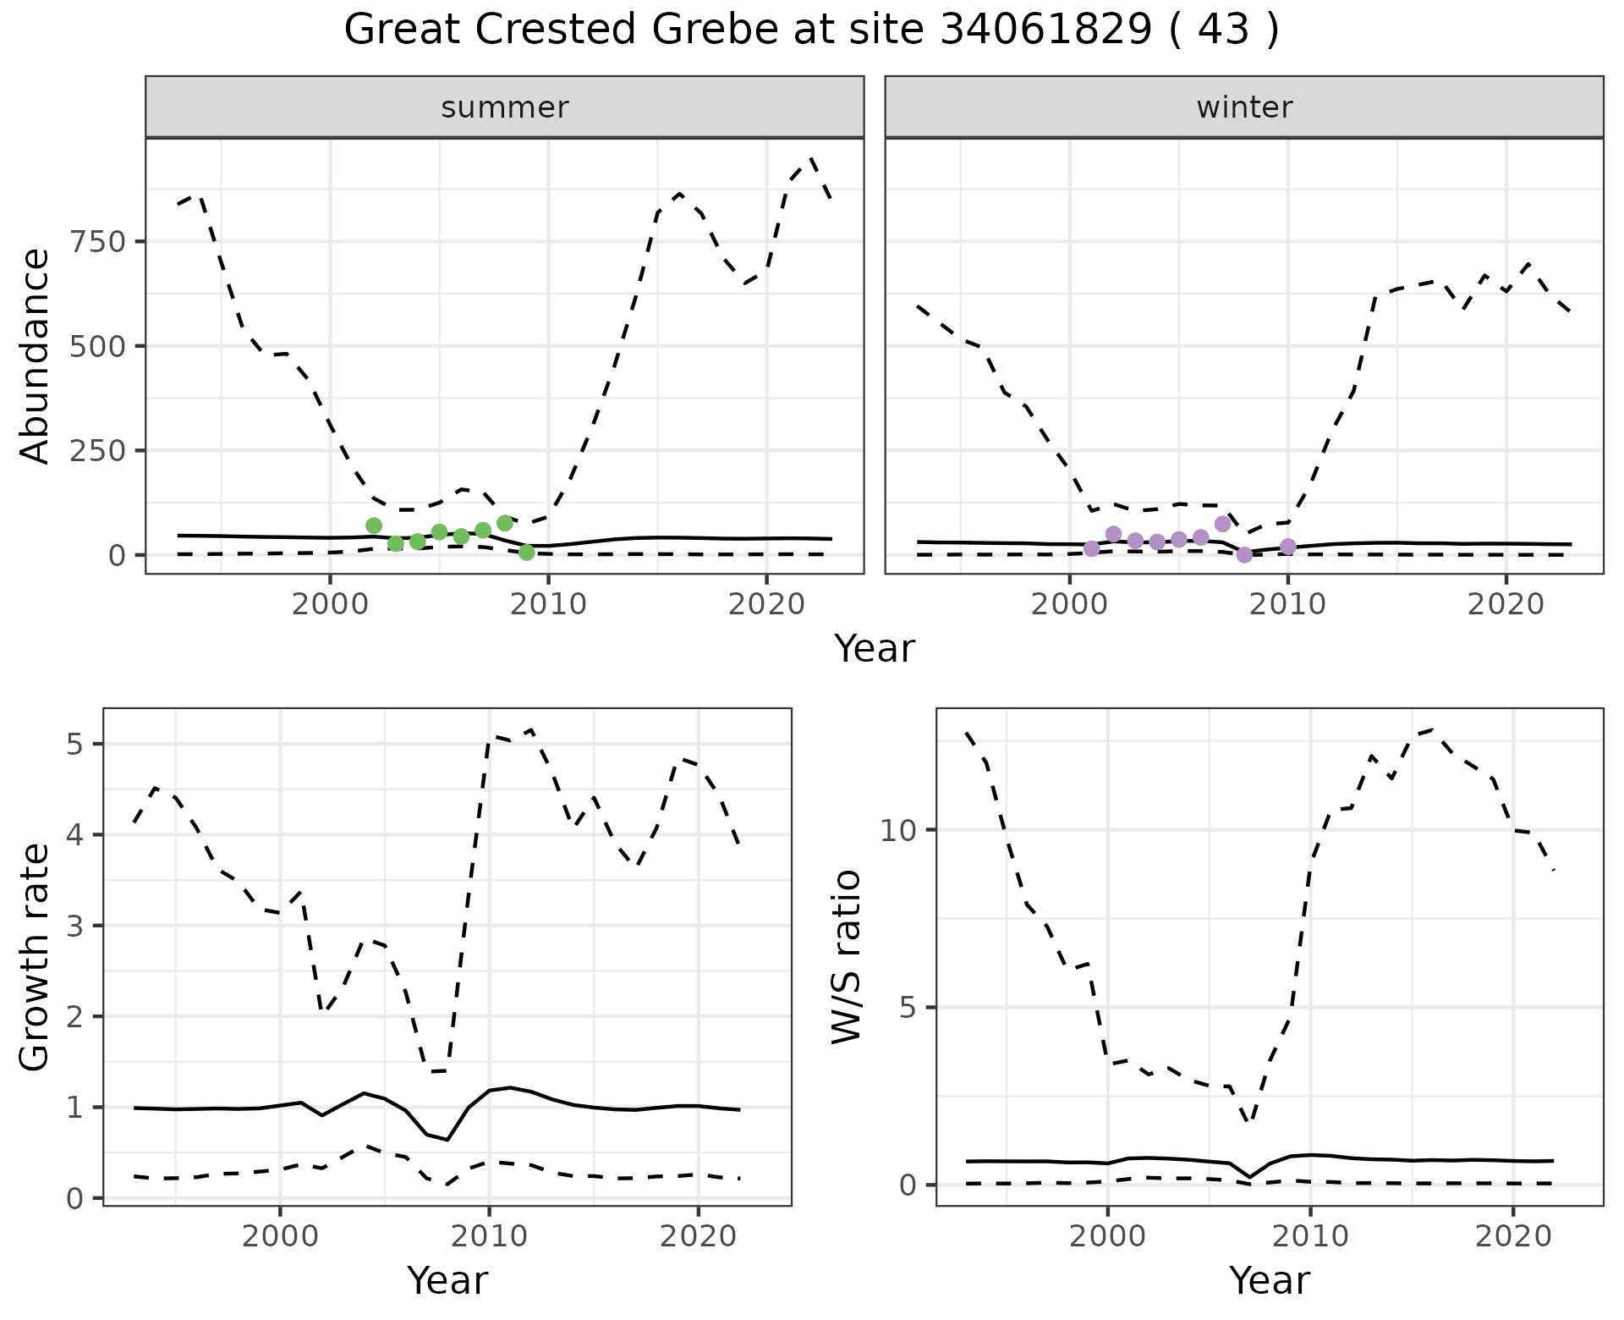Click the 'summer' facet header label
[x=504, y=107]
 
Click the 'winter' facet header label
[x=1243, y=107]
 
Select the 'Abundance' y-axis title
[x=35, y=355]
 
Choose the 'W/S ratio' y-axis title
[x=846, y=957]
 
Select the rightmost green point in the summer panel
[x=527, y=553]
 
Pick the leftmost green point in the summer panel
[x=374, y=525]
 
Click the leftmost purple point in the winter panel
[x=1092, y=548]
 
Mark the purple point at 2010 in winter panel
[x=1288, y=547]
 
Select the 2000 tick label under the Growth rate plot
[x=280, y=1236]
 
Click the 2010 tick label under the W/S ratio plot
[x=1310, y=1236]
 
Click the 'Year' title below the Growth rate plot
[x=447, y=1280]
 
